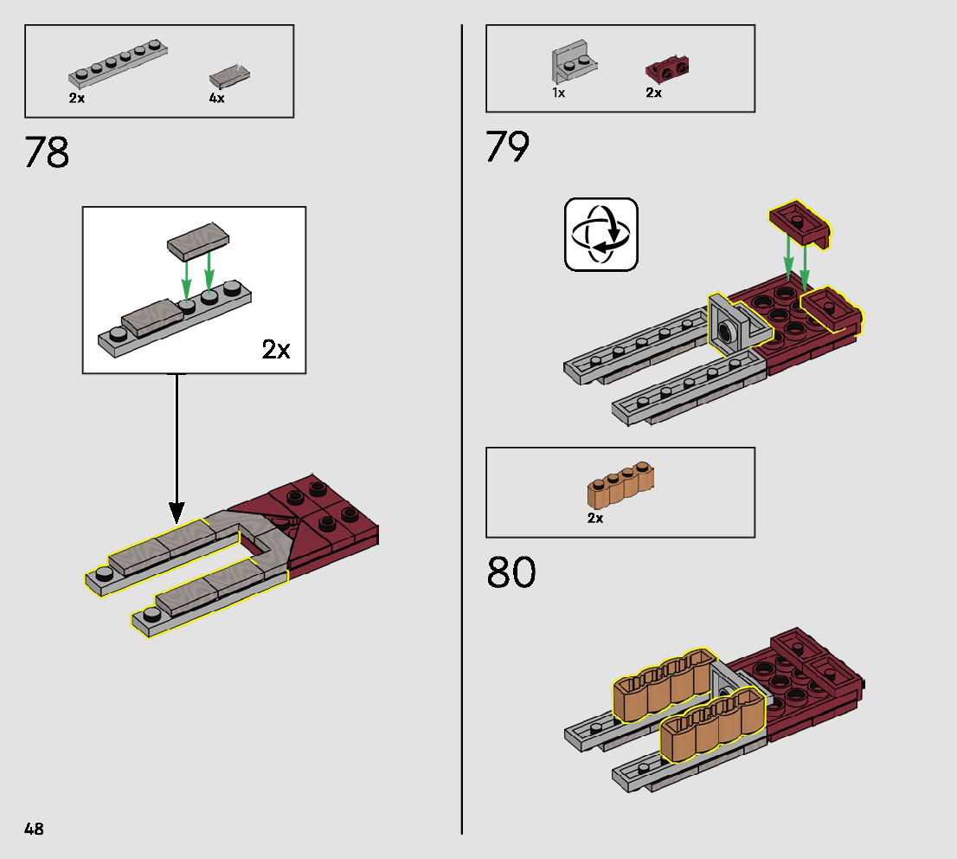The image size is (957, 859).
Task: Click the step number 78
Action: (47, 152)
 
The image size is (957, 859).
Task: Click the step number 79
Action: (507, 146)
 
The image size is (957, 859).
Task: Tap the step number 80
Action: (511, 573)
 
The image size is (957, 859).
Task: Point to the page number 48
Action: (34, 829)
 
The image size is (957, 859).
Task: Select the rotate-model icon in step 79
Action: (601, 234)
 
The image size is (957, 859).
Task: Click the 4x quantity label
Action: (216, 98)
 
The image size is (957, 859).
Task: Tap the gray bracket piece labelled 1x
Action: (572, 63)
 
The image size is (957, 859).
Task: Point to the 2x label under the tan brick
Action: (594, 518)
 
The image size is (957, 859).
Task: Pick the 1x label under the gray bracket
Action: (558, 93)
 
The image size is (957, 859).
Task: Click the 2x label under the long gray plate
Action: (77, 98)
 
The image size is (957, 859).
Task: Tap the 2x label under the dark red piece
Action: (653, 93)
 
